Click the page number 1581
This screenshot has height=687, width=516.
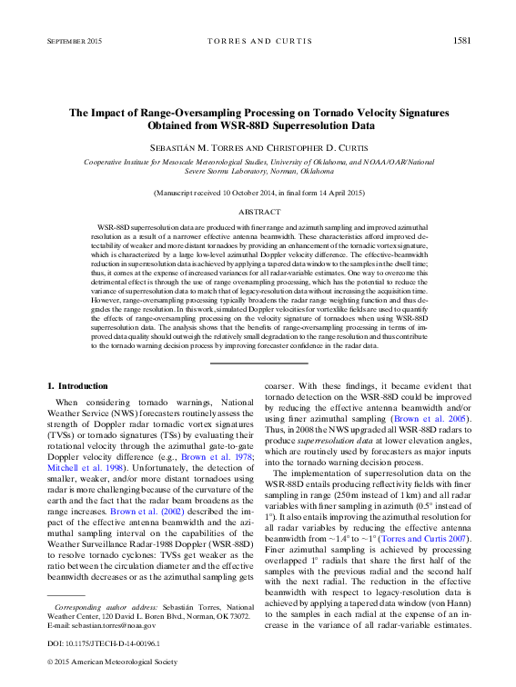click(x=461, y=41)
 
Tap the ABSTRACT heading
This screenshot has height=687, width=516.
click(x=258, y=210)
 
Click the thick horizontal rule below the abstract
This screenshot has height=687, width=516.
click(x=258, y=363)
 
